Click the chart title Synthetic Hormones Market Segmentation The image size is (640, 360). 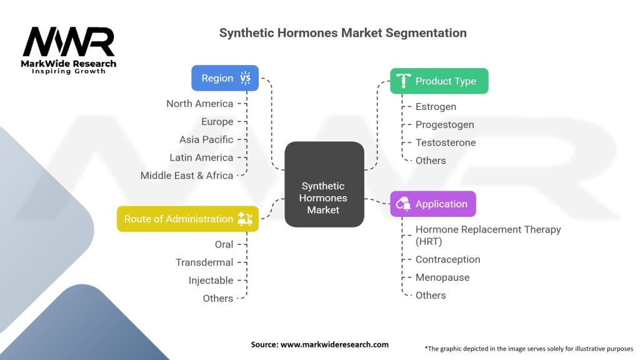342,32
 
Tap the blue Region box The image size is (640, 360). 224,78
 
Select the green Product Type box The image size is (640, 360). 439,81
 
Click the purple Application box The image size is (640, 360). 432,204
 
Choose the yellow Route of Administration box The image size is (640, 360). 187,219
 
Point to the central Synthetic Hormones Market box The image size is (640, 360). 323,197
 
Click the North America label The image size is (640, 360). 199,104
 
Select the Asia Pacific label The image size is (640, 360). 206,139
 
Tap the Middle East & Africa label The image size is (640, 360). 187,176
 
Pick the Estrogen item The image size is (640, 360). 436,107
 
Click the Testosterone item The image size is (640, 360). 446,142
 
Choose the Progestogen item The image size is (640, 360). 444,125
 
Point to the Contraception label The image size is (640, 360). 447,259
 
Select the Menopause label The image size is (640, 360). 442,277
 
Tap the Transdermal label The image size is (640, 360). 204,262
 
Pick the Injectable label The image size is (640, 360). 211,281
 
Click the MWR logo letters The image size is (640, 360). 69,42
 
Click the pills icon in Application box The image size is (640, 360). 404,204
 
